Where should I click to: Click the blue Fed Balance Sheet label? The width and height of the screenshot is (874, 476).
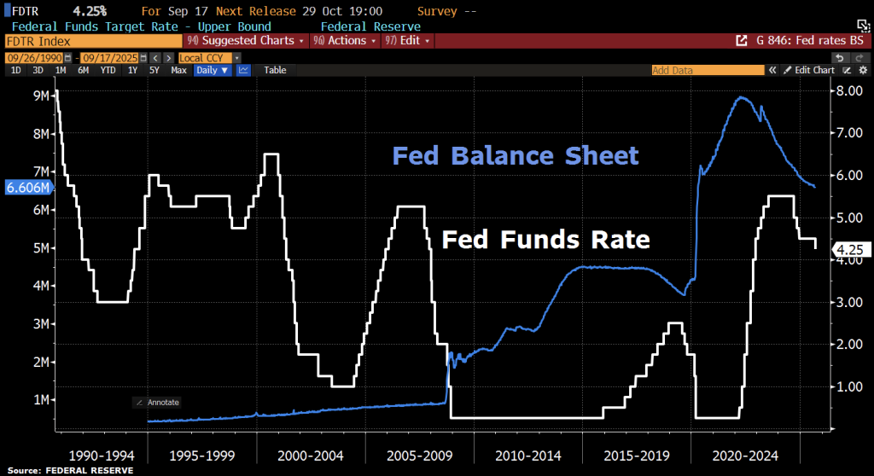[x=515, y=156]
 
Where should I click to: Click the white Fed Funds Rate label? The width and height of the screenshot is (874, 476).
[x=545, y=240]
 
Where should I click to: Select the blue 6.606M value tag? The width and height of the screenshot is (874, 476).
[x=26, y=187]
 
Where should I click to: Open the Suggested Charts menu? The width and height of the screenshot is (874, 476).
[x=243, y=40]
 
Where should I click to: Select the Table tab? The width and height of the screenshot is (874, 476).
[x=275, y=70]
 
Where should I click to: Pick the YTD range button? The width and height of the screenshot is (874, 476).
[x=108, y=70]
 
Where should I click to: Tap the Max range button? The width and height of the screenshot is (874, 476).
[x=178, y=70]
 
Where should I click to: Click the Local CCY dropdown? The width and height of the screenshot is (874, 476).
[x=204, y=57]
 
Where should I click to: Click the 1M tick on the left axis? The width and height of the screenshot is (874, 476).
[x=41, y=400]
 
